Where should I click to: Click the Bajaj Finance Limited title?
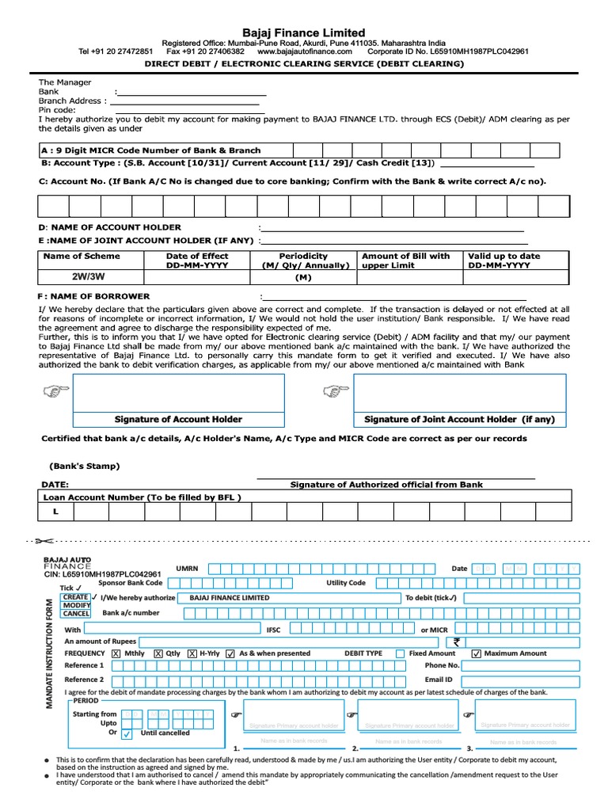pyautogui.click(x=304, y=32)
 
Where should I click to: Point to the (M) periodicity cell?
pyautogui.click(x=303, y=278)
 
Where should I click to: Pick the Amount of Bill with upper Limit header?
pyautogui.click(x=405, y=261)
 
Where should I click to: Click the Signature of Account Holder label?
pyautogui.click(x=178, y=419)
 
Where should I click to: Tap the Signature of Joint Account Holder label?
pyautogui.click(x=459, y=419)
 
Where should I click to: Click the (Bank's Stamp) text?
pyautogui.click(x=85, y=466)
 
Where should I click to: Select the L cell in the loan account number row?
pyautogui.click(x=56, y=512)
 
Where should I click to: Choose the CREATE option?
pyautogui.click(x=76, y=597)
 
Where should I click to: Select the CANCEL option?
pyautogui.click(x=76, y=613)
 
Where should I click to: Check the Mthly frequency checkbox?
pyautogui.click(x=116, y=653)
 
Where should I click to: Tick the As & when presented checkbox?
pyautogui.click(x=230, y=653)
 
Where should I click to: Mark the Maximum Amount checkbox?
pyautogui.click(x=476, y=653)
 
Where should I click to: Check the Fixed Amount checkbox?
pyautogui.click(x=400, y=653)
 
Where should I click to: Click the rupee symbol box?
pyautogui.click(x=457, y=642)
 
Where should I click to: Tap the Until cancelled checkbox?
pyautogui.click(x=127, y=733)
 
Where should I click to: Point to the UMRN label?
pyautogui.click(x=187, y=568)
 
